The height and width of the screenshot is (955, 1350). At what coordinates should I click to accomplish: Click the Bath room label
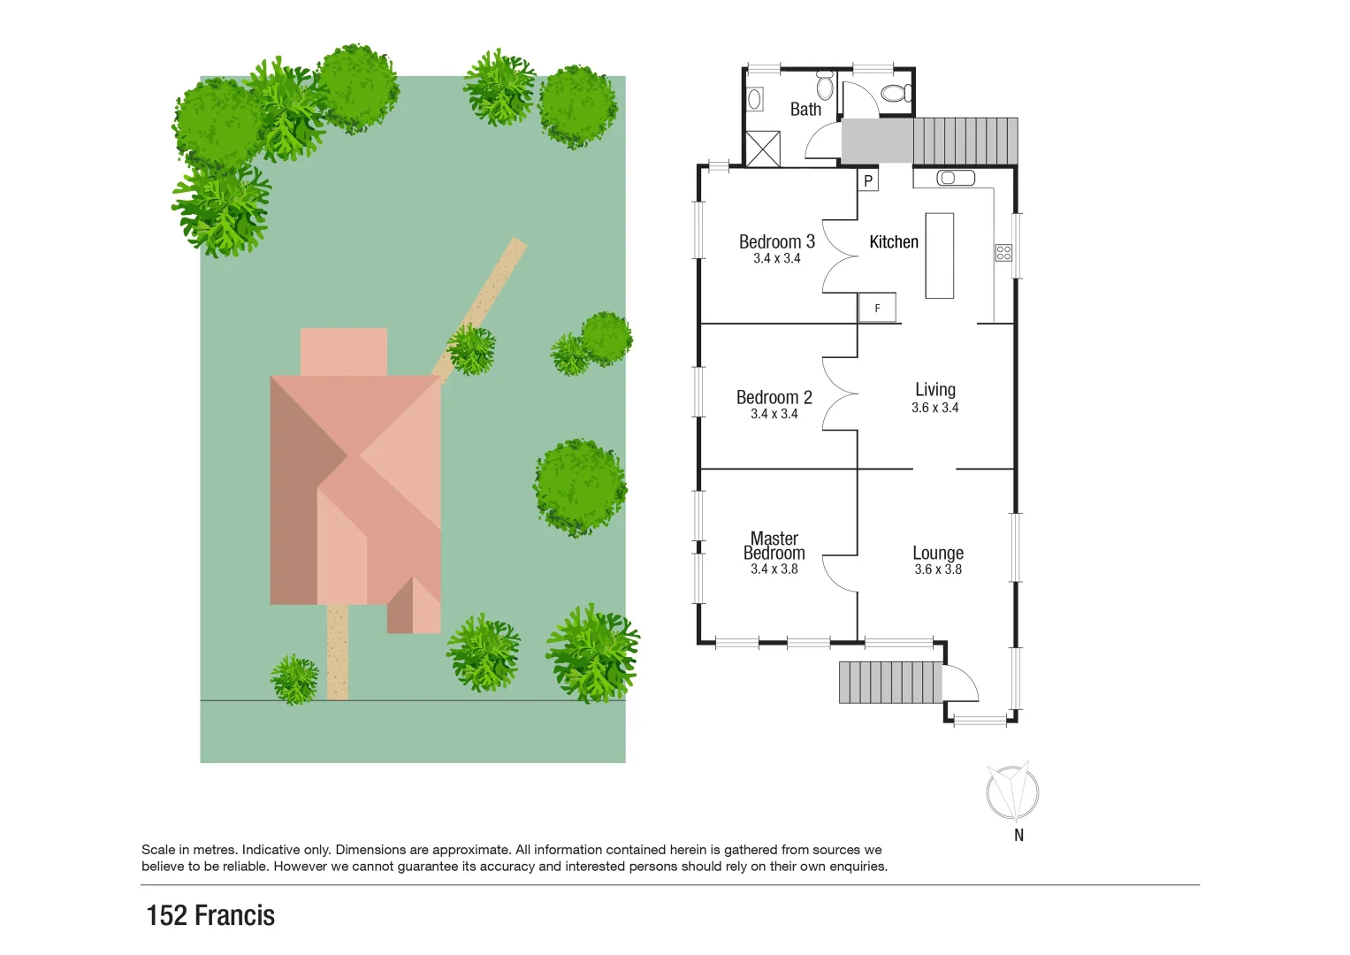805,110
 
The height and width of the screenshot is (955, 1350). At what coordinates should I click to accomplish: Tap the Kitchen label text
894,242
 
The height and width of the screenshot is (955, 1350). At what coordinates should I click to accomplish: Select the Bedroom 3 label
776,242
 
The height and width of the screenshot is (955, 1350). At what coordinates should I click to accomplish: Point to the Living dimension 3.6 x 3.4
935,408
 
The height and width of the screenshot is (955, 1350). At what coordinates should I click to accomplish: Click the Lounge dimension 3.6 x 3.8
938,569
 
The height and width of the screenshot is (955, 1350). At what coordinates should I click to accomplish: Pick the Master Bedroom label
774,546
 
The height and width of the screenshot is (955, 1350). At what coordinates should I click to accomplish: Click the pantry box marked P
868,181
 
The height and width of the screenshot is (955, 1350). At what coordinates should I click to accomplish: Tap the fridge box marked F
877,308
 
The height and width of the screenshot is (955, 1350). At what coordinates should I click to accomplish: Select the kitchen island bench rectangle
939,256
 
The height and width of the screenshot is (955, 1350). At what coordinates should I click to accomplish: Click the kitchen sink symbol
955,178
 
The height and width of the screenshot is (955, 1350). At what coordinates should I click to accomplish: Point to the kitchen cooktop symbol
1003,253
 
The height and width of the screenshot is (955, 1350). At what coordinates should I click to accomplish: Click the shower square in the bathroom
763,148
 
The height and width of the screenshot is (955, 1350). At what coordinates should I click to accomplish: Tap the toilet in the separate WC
895,93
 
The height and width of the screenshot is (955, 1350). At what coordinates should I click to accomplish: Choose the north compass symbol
1013,791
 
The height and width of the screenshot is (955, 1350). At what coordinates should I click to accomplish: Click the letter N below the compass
1018,835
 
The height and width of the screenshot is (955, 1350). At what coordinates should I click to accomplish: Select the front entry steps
890,682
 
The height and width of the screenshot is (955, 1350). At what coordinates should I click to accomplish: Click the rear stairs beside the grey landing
965,141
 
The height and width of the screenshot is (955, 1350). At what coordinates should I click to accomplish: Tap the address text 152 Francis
210,915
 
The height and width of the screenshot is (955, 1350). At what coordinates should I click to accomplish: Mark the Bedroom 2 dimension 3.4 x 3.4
774,414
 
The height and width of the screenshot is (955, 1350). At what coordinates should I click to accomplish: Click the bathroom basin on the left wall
755,99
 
